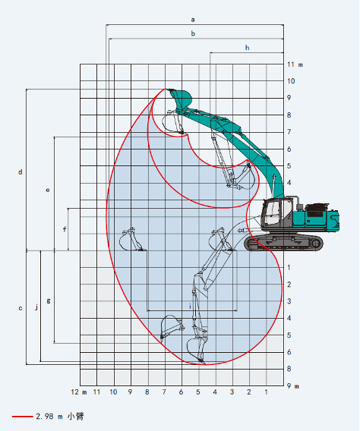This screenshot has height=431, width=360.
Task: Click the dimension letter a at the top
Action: [x=193, y=20]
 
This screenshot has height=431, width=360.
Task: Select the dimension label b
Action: [x=193, y=33]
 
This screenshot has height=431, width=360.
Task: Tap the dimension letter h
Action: [x=248, y=48]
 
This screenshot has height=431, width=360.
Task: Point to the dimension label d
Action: [x=21, y=172]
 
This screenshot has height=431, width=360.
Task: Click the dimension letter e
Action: [x=48, y=190]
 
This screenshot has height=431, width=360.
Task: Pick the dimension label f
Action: [x=65, y=229]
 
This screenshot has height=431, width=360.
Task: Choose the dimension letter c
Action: [x=21, y=308]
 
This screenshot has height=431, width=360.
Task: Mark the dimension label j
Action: [x=36, y=307]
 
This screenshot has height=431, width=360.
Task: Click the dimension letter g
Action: [x=49, y=300]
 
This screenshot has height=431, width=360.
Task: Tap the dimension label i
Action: [x=190, y=306]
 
